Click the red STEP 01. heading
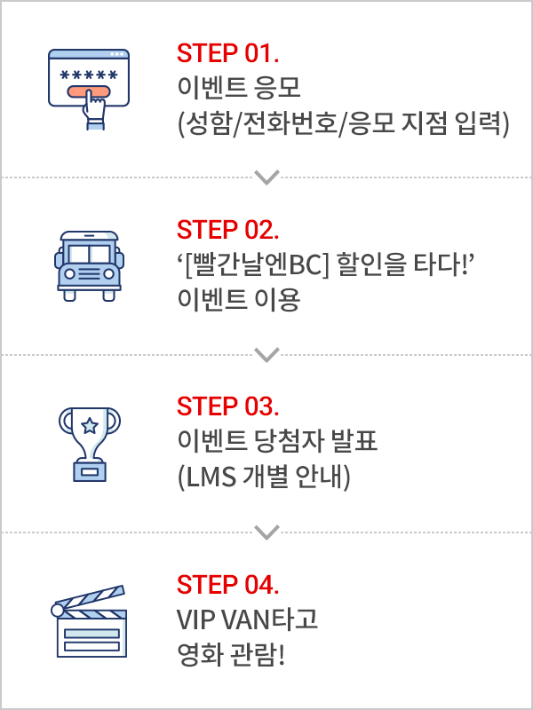point(228,53)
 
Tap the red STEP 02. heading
point(228,230)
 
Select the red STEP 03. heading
point(228,407)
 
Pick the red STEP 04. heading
point(228,585)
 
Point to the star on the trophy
point(90,426)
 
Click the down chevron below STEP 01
point(266,177)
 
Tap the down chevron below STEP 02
point(266,354)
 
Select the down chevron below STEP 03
point(266,532)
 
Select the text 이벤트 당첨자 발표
point(278,443)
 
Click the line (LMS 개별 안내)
point(265,478)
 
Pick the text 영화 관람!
point(232,656)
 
